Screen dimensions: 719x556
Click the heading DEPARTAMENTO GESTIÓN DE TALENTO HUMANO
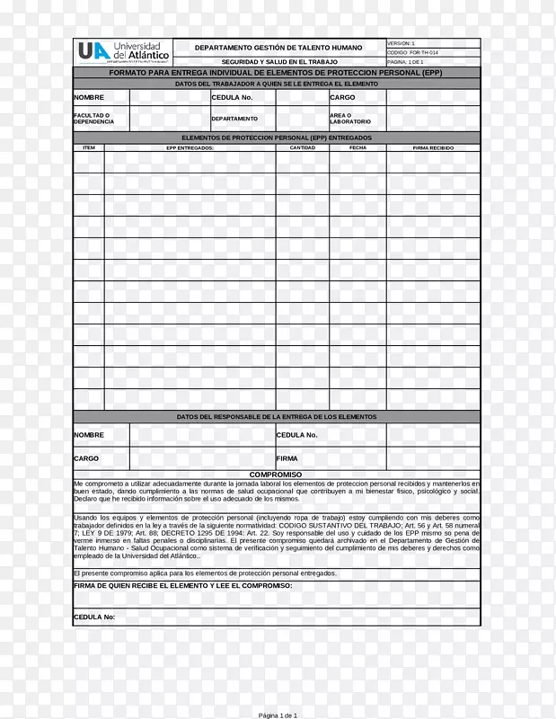point(279,47)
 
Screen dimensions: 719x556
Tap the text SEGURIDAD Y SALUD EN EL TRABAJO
point(279,61)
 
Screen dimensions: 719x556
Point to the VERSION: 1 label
point(401,43)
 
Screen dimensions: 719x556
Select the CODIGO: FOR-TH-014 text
point(413,53)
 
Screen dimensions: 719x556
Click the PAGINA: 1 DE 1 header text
point(406,62)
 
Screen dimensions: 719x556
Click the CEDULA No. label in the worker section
point(232,97)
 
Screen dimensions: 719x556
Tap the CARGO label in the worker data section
point(342,97)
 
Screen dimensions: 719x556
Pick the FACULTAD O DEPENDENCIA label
point(93,119)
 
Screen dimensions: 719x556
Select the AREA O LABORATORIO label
point(349,119)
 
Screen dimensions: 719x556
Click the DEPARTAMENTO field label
point(234,119)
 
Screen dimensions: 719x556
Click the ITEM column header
point(88,147)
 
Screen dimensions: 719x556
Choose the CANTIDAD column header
point(302,147)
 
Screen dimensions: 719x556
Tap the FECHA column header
point(357,147)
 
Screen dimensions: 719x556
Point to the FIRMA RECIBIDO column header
point(433,147)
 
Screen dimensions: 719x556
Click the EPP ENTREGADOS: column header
point(190,147)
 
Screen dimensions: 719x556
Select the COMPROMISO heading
point(276,475)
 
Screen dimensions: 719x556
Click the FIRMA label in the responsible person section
point(287,458)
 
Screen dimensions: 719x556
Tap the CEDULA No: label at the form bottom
point(94,617)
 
